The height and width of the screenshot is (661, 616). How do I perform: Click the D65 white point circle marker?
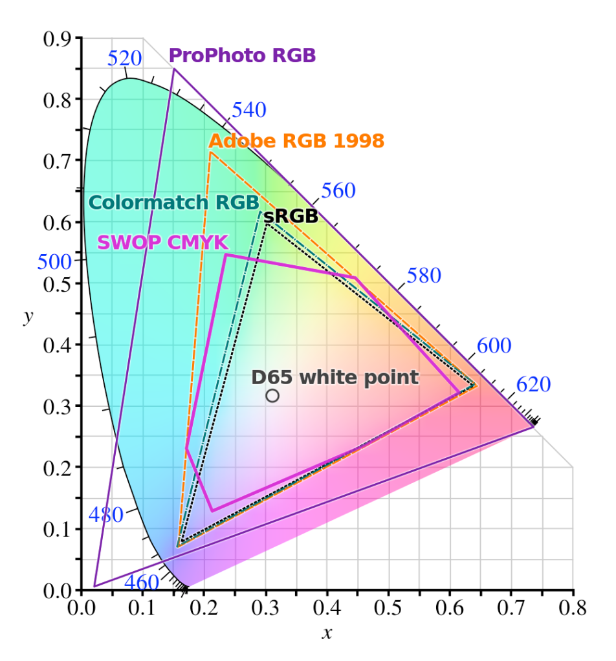272,395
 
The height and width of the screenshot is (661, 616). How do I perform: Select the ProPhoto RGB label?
243,56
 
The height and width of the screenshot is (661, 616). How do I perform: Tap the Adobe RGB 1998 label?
296,140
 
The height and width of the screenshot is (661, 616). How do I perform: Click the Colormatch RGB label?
173,202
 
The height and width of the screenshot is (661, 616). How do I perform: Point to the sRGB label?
291,216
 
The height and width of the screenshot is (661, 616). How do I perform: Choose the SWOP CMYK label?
162,243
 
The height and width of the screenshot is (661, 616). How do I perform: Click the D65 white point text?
335,377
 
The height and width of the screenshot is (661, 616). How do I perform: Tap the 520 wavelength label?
124,59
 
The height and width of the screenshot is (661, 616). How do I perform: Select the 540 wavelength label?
249,110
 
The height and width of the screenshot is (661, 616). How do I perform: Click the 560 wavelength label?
338,191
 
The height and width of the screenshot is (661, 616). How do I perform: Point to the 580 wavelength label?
424,276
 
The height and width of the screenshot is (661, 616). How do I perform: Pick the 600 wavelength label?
494,346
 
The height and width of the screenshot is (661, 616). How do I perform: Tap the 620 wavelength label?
533,385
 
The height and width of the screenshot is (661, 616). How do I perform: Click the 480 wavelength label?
105,515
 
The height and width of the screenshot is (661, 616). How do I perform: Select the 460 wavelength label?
142,582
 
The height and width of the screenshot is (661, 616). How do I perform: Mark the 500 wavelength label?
54,262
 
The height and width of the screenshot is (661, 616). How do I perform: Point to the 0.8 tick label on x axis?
572,608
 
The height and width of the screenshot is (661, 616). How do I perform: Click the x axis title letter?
327,633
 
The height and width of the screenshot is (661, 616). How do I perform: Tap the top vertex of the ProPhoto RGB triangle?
173,69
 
